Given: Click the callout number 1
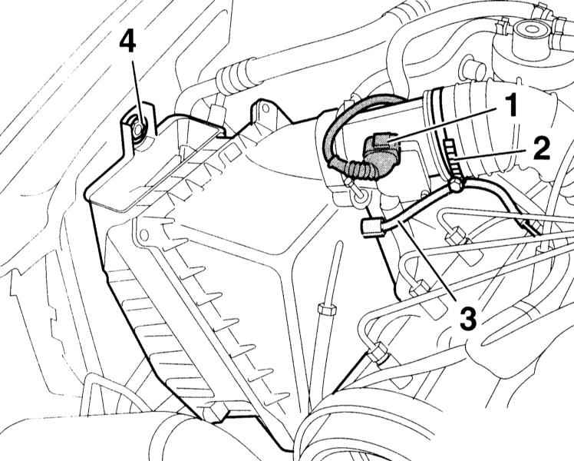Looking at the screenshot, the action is click(x=510, y=104).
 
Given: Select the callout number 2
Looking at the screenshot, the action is click(x=541, y=148).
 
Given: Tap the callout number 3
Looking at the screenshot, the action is click(x=469, y=318).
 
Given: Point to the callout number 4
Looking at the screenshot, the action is click(x=127, y=42).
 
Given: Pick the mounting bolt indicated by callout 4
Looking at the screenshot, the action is click(x=138, y=129).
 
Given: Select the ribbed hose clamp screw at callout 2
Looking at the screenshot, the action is click(x=451, y=158).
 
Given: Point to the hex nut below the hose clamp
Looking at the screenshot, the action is click(x=455, y=185).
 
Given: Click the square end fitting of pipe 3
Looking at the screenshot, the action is click(x=371, y=227).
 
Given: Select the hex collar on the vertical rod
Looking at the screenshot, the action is click(x=326, y=310).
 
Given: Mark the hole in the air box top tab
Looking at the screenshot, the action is click(x=265, y=108).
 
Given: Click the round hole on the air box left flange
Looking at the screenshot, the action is click(x=143, y=234).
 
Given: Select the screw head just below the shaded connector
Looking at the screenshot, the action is click(x=358, y=191).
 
